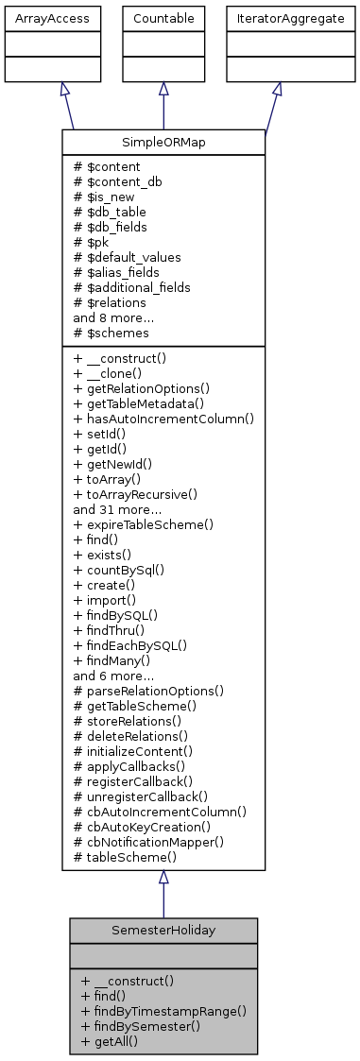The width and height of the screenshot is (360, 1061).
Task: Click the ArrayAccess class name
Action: (x=39, y=18)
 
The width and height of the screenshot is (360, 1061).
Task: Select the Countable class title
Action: (x=163, y=18)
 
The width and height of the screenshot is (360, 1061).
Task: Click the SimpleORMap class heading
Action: (x=163, y=143)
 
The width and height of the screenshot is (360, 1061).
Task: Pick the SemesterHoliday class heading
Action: (x=163, y=931)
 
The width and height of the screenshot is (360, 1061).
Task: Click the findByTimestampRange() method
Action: (x=163, y=1010)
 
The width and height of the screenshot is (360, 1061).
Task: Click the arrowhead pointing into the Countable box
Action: (x=163, y=88)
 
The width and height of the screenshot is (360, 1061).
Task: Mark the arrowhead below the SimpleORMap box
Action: (x=163, y=878)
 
